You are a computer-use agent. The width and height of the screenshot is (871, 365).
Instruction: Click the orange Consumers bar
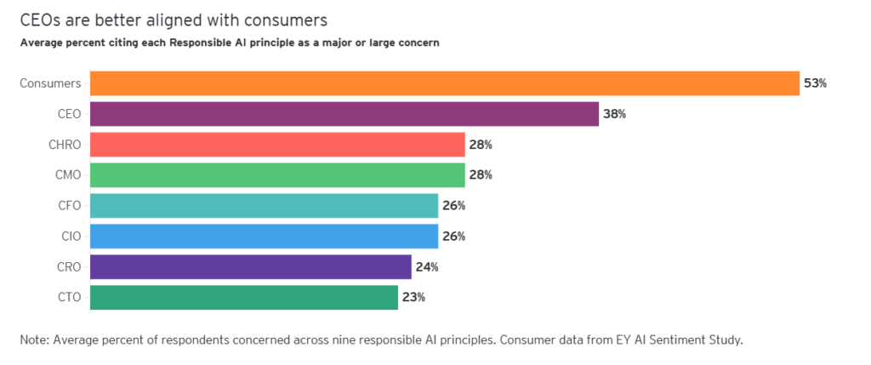(444, 83)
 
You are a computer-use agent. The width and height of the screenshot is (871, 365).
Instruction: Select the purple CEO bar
(344, 114)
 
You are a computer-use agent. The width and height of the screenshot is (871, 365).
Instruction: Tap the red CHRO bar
(276, 145)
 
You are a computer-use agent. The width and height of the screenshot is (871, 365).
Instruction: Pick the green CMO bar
(276, 175)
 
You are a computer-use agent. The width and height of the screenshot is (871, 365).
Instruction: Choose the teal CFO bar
(263, 206)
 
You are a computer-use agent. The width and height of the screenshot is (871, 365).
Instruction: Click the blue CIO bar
(263, 236)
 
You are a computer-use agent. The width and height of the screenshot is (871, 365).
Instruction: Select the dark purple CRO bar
(250, 266)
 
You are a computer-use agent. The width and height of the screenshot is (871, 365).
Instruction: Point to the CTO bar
(243, 297)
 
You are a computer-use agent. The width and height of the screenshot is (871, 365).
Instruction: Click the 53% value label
(815, 83)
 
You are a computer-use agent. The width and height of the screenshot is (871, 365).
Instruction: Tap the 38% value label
(614, 114)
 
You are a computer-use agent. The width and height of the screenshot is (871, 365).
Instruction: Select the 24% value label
(427, 266)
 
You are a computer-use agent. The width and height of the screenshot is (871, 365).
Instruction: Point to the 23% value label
(413, 297)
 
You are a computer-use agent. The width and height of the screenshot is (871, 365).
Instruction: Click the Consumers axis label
(50, 83)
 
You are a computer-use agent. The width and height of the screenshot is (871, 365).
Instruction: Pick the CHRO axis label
(65, 145)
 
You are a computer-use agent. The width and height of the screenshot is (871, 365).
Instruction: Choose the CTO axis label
(68, 297)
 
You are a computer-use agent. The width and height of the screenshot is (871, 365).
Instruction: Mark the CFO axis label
(68, 206)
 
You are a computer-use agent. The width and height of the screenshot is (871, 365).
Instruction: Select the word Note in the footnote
(33, 340)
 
